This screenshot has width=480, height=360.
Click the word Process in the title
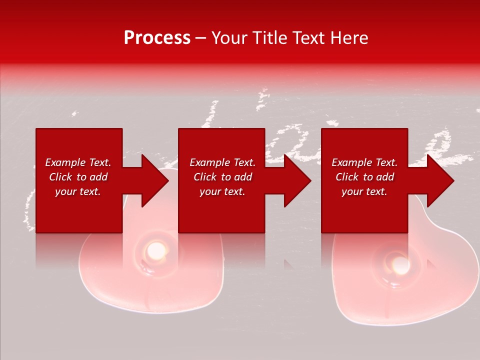[157, 38]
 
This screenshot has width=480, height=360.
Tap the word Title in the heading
[268, 38]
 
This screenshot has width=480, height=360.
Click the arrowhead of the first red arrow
[155, 180]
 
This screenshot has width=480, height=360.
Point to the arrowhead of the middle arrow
[297, 180]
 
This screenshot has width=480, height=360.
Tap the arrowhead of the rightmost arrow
[440, 180]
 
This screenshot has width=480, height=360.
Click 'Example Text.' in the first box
[78, 162]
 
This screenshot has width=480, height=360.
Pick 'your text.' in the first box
[78, 191]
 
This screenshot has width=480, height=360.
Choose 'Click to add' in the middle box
[222, 177]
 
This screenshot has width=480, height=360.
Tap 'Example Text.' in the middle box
[222, 162]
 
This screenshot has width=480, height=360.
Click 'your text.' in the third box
[364, 191]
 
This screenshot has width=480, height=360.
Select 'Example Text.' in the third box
[364, 162]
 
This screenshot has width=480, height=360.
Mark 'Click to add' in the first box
[78, 177]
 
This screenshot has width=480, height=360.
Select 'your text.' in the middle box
[222, 191]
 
